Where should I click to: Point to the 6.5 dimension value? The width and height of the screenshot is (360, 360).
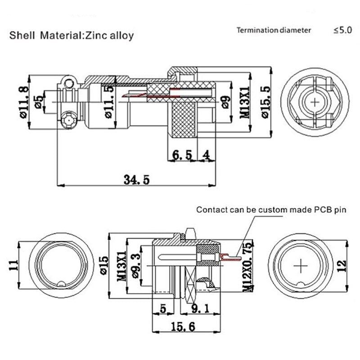(x=182, y=155)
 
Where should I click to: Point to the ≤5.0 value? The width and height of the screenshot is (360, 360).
(x=342, y=31)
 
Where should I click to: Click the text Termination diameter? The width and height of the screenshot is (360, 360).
(x=274, y=31)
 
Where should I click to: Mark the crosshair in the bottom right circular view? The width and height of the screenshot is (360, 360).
(x=300, y=266)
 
